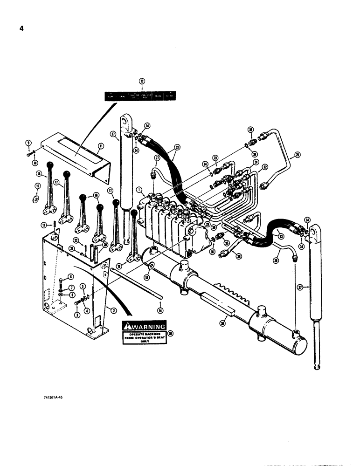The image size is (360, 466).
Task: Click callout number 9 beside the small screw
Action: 28,143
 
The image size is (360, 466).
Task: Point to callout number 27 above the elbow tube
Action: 156,158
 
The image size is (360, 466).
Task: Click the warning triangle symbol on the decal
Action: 129,327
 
